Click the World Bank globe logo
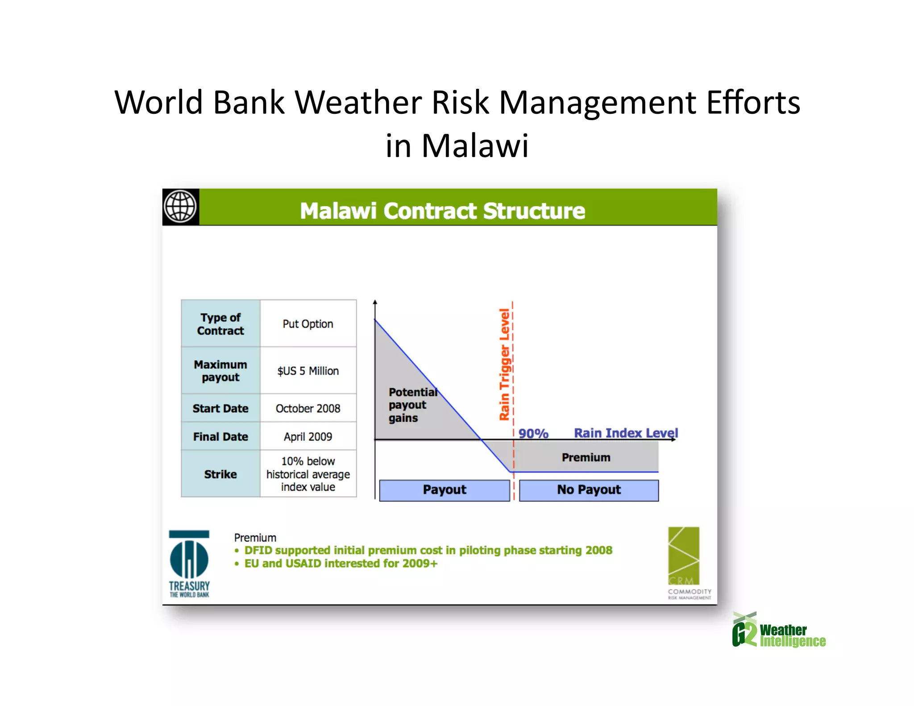click(x=180, y=207)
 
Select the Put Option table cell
click(x=308, y=324)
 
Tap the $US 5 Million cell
click(x=308, y=370)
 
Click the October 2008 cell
click(x=308, y=408)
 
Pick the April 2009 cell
click(x=308, y=436)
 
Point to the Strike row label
click(x=220, y=474)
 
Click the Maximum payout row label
click(x=220, y=370)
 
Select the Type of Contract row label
click(x=220, y=324)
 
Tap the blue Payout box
click(x=445, y=490)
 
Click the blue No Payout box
click(x=589, y=490)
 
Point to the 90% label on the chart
click(x=533, y=433)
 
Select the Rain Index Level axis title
click(x=626, y=432)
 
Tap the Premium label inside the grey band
click(x=586, y=457)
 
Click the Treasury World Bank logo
click(x=189, y=564)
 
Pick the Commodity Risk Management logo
click(x=686, y=562)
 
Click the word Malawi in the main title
click(x=475, y=146)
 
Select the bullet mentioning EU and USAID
click(x=341, y=563)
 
